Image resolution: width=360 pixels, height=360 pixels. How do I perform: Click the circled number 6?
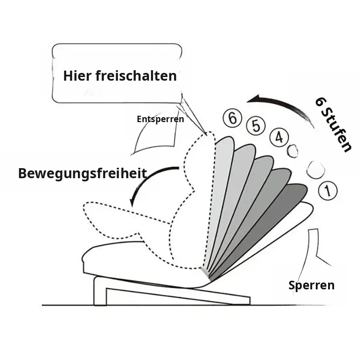click(x=232, y=118)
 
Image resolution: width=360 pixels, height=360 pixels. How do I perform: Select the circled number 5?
click(x=256, y=126)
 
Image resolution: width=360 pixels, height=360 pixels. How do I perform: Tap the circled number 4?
click(x=279, y=137)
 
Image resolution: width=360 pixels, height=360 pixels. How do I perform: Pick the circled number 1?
click(x=328, y=190)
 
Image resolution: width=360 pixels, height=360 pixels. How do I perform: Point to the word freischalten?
click(x=136, y=76)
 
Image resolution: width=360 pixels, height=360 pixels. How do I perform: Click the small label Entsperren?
click(x=160, y=119)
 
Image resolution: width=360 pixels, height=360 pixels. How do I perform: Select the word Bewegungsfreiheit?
click(x=82, y=174)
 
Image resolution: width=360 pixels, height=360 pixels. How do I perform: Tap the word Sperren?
click(x=311, y=285)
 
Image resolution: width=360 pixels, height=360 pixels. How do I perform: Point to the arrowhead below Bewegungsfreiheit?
click(x=132, y=202)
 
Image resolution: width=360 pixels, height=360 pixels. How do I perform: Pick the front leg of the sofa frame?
click(x=100, y=291)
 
